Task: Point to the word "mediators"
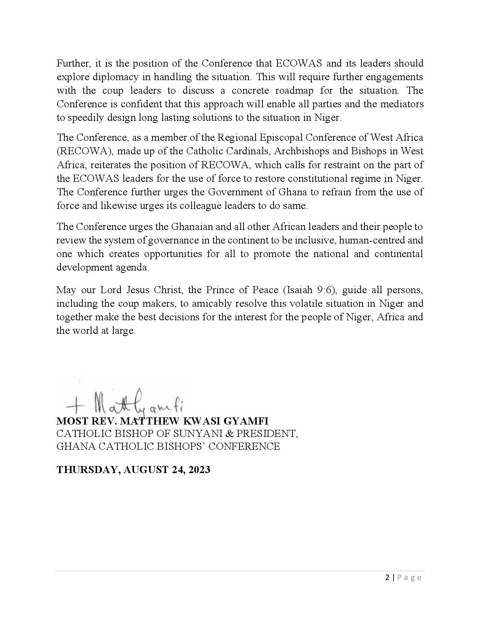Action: [401, 104]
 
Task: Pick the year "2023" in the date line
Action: [199, 470]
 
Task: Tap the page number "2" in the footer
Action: [388, 577]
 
